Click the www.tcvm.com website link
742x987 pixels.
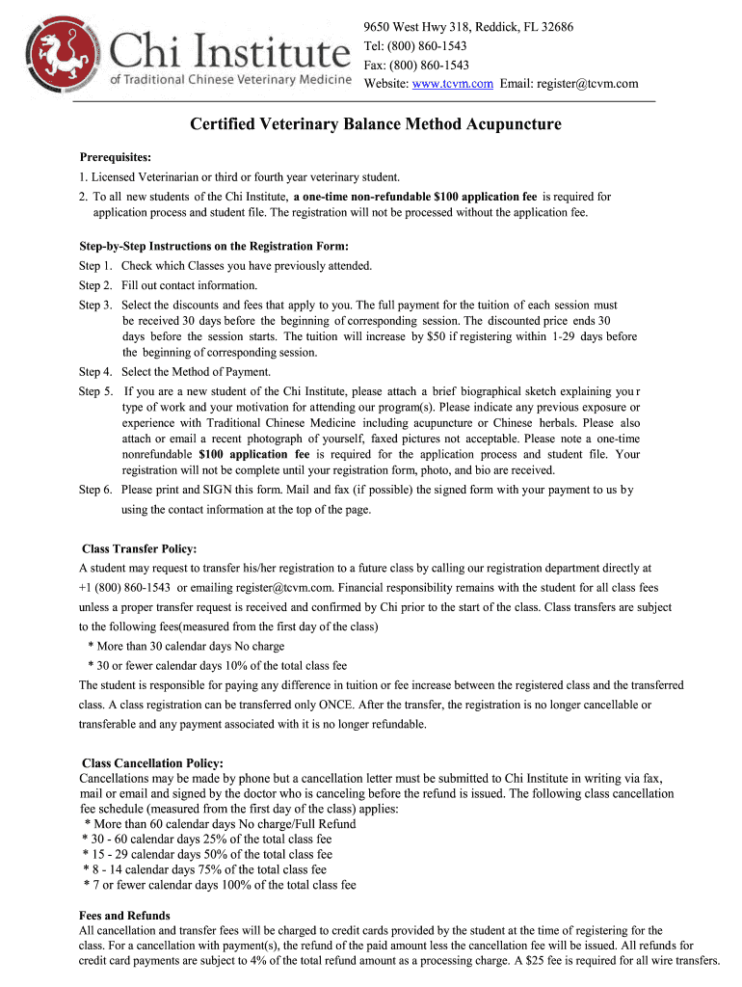pos(453,84)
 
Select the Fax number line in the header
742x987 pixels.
pos(416,65)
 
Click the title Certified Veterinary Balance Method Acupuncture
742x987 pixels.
pos(375,124)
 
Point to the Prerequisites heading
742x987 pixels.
pos(115,157)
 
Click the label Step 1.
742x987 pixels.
pos(96,265)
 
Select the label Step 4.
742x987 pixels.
pos(96,372)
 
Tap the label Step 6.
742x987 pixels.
pos(96,490)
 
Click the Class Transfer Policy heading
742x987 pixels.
pos(140,548)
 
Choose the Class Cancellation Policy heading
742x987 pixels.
pos(152,763)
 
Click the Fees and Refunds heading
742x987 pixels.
pos(124,915)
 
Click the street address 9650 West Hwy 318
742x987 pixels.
pos(425,26)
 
